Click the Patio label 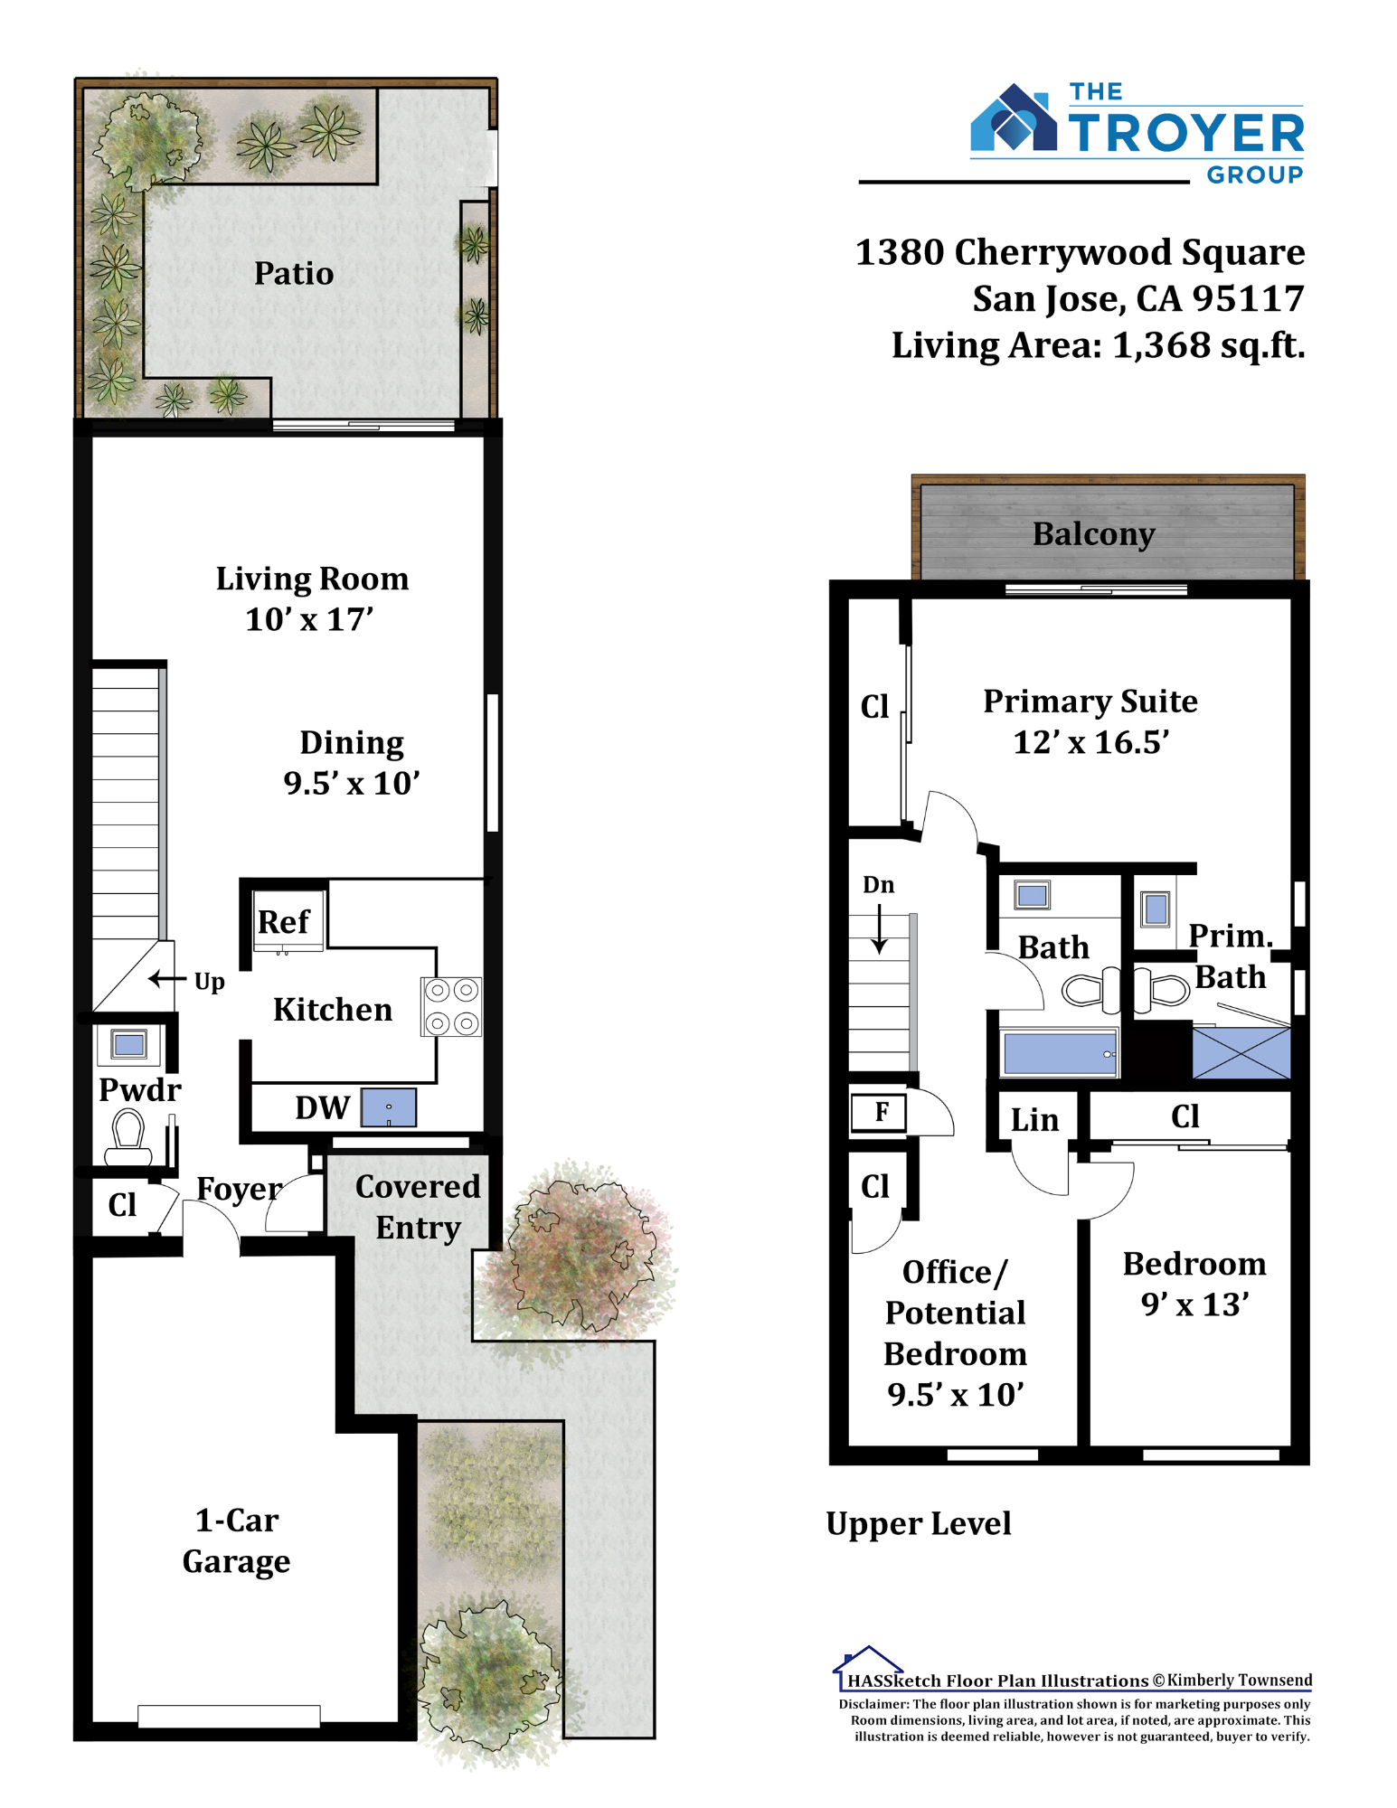294,273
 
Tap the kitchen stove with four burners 451,1006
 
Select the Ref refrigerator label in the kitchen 284,922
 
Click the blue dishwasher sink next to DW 389,1107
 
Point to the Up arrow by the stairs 167,978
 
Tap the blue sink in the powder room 129,1045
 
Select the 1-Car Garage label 237,1540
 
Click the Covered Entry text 418,1207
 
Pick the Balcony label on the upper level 1094,534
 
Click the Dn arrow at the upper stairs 879,928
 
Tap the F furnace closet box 882,1112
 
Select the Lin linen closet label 1034,1120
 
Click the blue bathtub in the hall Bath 1060,1054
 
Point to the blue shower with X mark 1241,1052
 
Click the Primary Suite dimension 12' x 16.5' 1091,742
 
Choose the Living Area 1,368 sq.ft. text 1099,345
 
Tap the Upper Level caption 919,1524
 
